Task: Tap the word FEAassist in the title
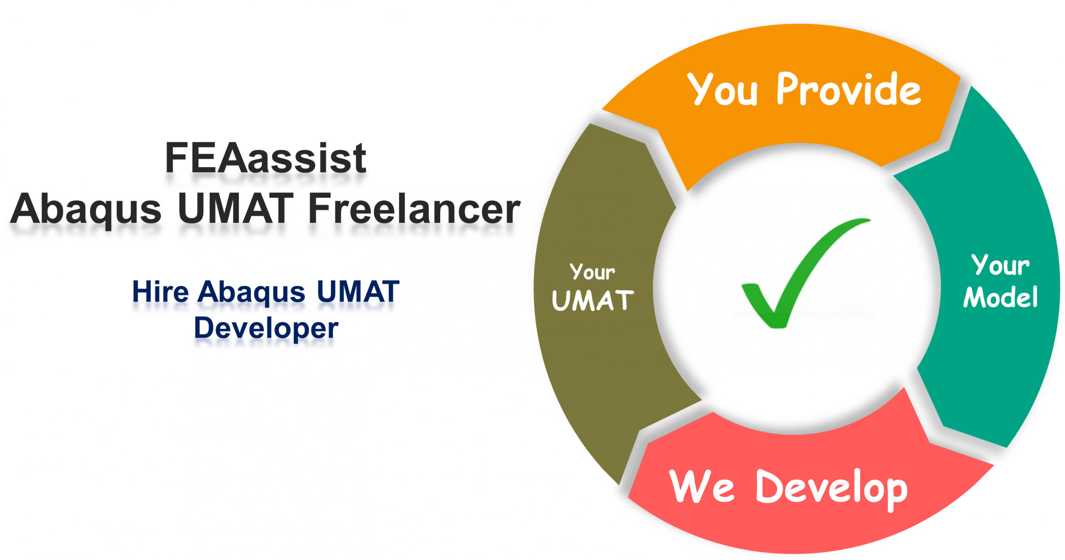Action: (265, 158)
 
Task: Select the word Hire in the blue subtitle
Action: (161, 291)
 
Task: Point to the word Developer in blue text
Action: (266, 328)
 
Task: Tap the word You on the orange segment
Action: (722, 89)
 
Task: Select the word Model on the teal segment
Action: (1001, 297)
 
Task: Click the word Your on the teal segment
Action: (1001, 265)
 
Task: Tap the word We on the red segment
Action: (702, 486)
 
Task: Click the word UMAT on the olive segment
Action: (593, 300)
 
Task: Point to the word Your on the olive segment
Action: (592, 271)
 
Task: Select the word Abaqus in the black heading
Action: (86, 210)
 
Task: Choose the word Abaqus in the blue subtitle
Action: (252, 293)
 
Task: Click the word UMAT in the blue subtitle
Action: (358, 291)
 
